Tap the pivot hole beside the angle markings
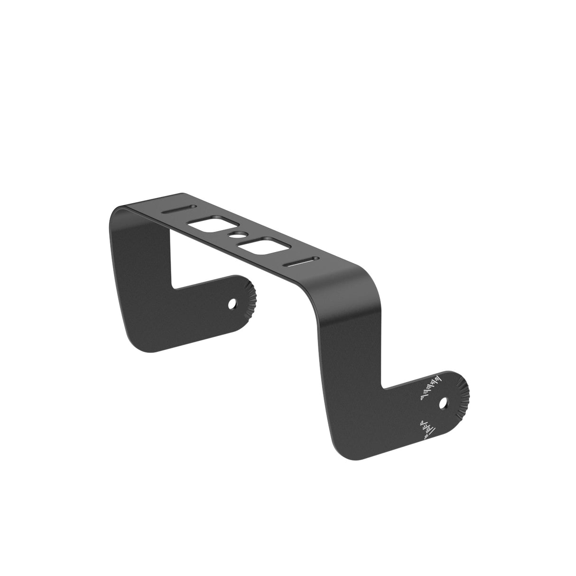(x=444, y=404)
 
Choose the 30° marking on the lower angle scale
(x=426, y=437)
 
